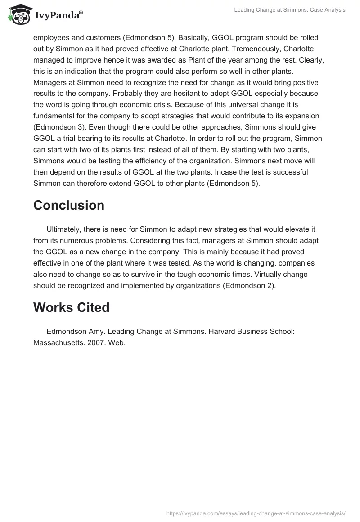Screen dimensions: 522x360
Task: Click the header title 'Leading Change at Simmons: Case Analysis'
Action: click(290, 10)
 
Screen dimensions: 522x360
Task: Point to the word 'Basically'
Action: click(197, 38)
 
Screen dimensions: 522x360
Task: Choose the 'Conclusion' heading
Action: click(69, 205)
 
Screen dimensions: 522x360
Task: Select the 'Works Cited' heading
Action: click(72, 307)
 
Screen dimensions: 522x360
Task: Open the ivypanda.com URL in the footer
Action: click(256, 513)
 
